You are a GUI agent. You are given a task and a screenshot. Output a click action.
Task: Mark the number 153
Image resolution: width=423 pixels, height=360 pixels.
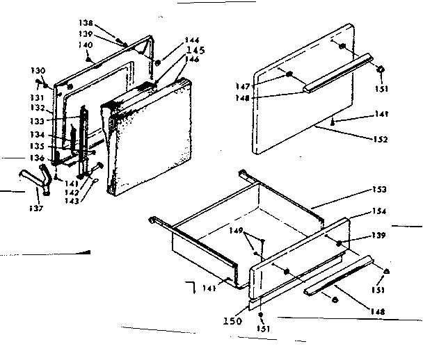tap(378, 190)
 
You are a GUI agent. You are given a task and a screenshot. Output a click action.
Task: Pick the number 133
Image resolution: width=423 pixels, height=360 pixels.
tap(37, 122)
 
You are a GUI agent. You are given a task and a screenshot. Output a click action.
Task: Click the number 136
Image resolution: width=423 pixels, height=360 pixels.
tap(37, 158)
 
